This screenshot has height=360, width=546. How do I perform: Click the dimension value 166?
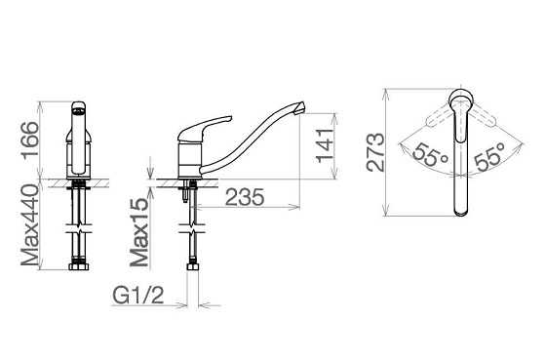point(30,140)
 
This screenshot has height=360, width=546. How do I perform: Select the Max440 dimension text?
point(29,225)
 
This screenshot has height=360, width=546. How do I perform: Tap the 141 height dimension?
point(326,145)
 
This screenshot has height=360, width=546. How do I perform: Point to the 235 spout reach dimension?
point(245,197)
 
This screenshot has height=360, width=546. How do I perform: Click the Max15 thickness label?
point(139,232)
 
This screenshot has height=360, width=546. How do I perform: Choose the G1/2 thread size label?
point(137,296)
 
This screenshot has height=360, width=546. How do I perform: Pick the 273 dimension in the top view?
point(376,152)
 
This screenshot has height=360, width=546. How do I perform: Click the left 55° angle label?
point(430,154)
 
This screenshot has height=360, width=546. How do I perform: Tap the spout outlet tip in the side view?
point(300,108)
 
